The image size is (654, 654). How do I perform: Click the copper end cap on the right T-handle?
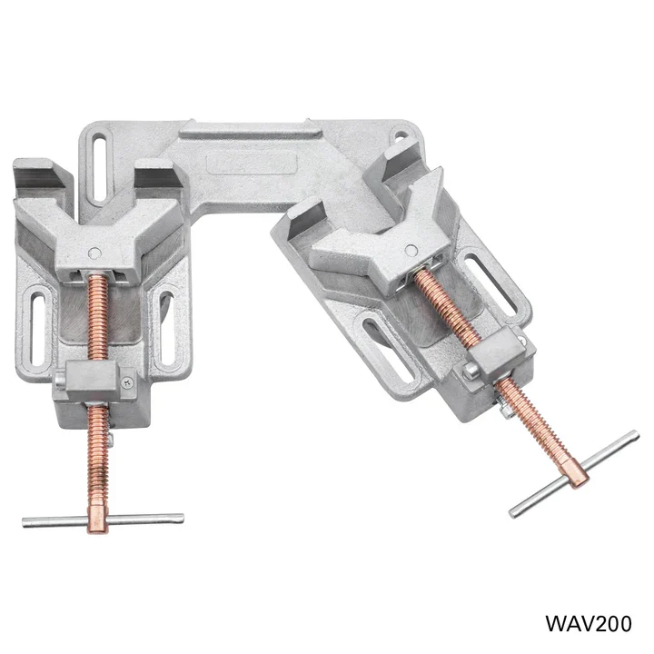[x=574, y=473]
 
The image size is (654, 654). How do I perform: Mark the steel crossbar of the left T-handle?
[x=54, y=521]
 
